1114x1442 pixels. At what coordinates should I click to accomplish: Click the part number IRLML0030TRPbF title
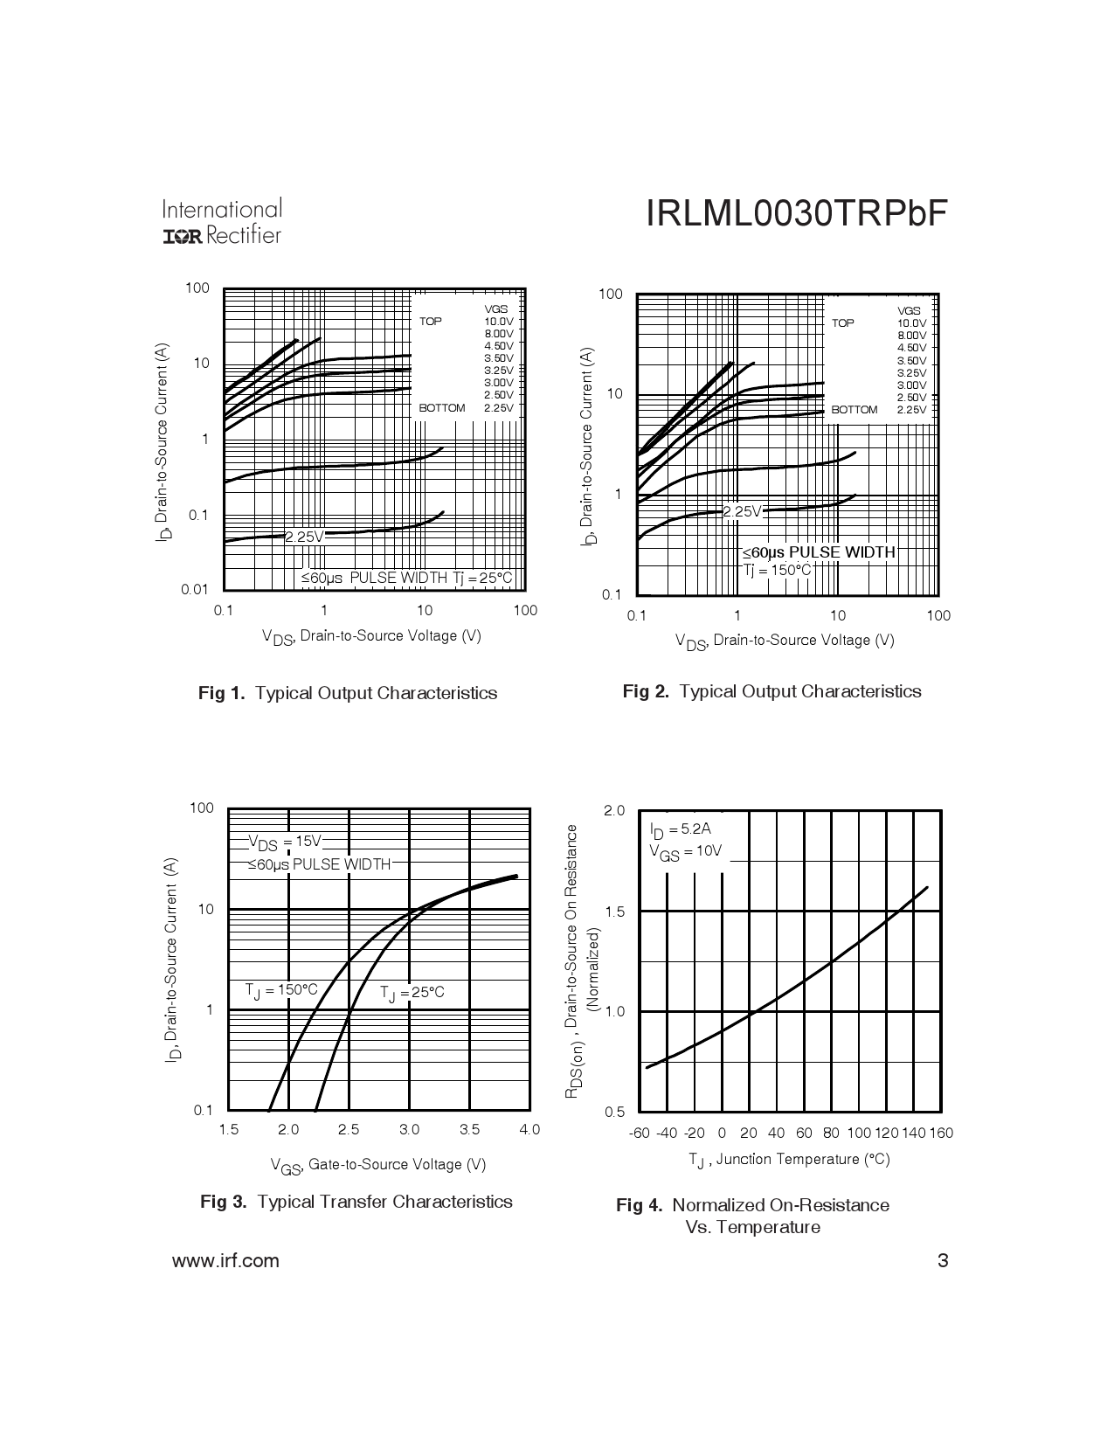(796, 215)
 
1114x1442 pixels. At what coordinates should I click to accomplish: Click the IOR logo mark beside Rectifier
(183, 237)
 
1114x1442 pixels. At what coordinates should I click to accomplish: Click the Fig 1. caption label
(224, 693)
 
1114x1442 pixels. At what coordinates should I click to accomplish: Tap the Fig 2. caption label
(647, 691)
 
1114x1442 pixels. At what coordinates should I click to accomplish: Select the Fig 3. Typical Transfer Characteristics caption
(356, 1202)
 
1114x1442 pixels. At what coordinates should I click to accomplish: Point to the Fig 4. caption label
(640, 1205)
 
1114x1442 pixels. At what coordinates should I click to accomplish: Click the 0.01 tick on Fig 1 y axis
(195, 589)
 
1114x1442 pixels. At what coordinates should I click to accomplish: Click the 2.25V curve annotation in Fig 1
(303, 537)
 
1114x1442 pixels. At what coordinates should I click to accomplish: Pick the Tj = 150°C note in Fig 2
(777, 570)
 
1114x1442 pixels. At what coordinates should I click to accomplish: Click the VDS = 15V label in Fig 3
(285, 842)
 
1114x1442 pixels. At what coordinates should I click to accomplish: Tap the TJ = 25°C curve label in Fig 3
(412, 993)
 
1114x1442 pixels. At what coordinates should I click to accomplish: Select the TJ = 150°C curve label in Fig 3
(280, 990)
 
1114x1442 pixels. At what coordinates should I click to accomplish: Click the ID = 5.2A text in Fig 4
(674, 829)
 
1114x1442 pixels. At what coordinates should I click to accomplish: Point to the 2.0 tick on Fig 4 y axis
(614, 811)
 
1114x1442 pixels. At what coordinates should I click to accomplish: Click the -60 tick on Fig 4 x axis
(640, 1133)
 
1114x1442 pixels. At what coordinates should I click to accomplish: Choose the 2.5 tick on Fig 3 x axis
(349, 1129)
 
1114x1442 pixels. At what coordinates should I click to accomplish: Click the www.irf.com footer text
(225, 1260)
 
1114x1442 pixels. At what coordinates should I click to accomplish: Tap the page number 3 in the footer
(942, 1260)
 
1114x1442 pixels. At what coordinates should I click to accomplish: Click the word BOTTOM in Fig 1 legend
(442, 408)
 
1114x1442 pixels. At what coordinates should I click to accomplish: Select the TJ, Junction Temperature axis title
(788, 1160)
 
